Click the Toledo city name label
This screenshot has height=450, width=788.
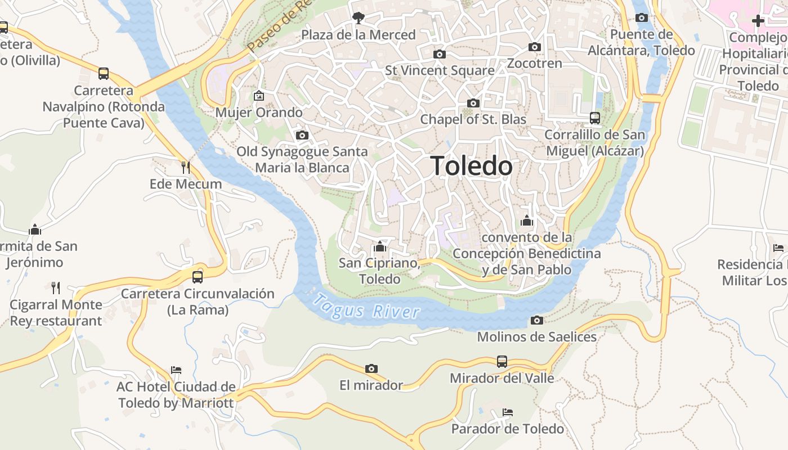(x=472, y=166)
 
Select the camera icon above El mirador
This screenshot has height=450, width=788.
(x=371, y=369)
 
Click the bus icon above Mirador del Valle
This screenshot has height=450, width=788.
(x=502, y=362)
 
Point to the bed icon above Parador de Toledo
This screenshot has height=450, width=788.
(x=508, y=412)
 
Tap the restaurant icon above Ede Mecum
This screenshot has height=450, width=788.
(x=185, y=168)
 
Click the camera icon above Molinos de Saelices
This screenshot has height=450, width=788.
(x=537, y=321)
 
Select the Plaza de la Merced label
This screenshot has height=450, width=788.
(x=359, y=35)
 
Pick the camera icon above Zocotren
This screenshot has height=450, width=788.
(x=534, y=47)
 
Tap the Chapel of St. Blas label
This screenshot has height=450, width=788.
(x=473, y=119)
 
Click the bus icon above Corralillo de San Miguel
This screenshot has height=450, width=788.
(x=595, y=118)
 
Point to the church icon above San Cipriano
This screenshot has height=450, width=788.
(x=379, y=247)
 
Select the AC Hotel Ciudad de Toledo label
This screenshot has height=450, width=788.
(x=176, y=395)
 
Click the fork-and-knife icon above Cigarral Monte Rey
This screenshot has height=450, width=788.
(x=56, y=288)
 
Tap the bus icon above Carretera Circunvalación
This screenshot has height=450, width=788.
(x=197, y=277)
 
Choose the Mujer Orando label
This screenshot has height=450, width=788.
(x=259, y=112)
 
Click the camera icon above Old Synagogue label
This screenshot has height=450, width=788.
(x=302, y=136)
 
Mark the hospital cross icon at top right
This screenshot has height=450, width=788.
(x=758, y=21)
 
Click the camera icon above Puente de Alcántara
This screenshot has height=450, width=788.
(x=641, y=18)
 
